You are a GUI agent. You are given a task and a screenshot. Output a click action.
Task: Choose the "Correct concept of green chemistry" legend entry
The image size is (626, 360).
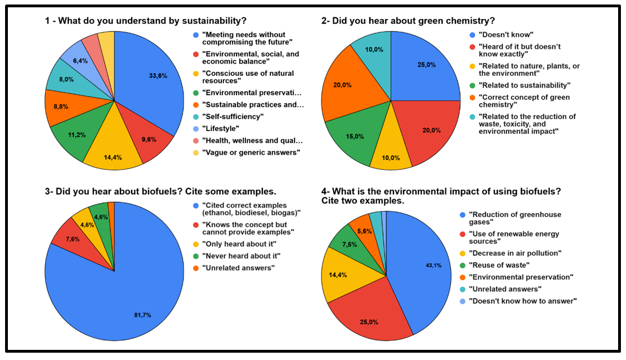click(524, 101)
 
